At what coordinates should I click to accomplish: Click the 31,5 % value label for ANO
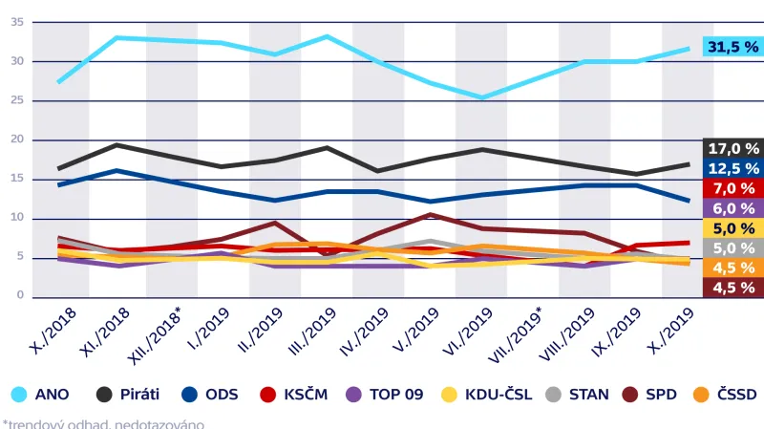(732, 47)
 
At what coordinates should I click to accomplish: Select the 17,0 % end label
(732, 148)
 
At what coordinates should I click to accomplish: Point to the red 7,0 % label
(732, 188)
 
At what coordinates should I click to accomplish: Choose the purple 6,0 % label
(732, 208)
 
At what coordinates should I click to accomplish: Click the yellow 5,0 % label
(732, 228)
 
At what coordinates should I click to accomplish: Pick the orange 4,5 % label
(732, 268)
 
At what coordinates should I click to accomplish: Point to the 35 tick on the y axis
(17, 22)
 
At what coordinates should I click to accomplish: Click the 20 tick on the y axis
(17, 139)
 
